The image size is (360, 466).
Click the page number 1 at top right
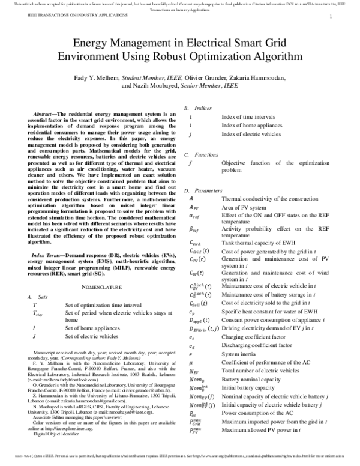coord(331,19)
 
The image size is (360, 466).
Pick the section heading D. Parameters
coord(201,190)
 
